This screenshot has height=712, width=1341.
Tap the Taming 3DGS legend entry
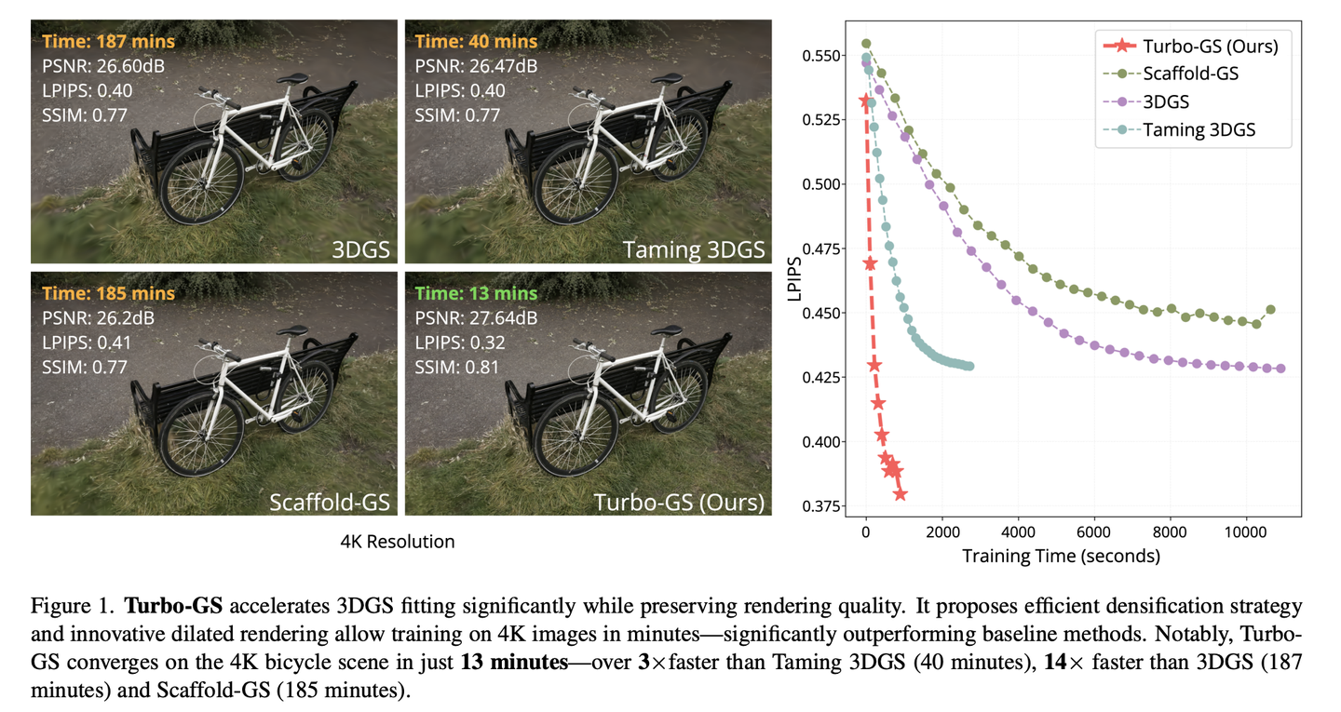[1199, 129]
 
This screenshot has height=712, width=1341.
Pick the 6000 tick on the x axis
[1094, 535]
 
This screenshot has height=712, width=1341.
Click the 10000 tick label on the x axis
[1246, 535]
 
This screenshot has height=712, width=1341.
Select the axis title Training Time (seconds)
[1061, 558]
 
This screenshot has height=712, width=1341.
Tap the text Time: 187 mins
[108, 42]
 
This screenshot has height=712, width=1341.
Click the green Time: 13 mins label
[477, 293]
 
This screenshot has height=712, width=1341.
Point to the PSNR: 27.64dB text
[476, 317]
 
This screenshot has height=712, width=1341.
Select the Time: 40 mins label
[476, 42]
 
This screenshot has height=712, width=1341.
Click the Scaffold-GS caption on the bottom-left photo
[330, 503]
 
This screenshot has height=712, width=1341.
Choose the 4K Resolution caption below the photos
[398, 542]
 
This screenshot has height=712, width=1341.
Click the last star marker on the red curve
[900, 494]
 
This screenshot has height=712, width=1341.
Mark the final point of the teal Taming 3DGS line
[969, 367]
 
